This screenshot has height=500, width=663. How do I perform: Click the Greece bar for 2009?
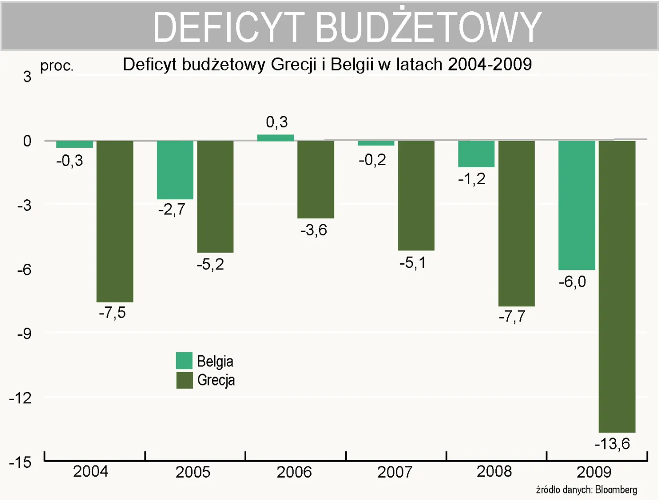click(x=617, y=286)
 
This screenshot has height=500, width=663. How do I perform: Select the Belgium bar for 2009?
click(x=576, y=205)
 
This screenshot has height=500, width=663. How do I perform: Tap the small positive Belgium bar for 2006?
click(x=275, y=138)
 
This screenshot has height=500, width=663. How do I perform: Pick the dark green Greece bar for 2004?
click(x=115, y=221)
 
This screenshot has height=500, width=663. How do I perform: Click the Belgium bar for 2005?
click(x=175, y=170)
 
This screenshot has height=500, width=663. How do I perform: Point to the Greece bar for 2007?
click(x=416, y=196)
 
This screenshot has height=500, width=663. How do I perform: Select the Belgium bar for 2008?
click(x=476, y=154)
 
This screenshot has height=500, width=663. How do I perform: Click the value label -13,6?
click(x=612, y=444)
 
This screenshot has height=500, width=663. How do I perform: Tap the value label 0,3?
click(x=277, y=122)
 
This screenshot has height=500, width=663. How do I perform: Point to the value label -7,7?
click(x=512, y=316)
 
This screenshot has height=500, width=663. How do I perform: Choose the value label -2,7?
click(x=171, y=209)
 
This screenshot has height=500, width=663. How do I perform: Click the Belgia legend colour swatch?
click(x=184, y=361)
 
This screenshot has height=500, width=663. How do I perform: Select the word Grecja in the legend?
click(x=216, y=380)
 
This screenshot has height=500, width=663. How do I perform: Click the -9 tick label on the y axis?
click(x=24, y=334)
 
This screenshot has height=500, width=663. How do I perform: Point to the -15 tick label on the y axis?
click(x=20, y=462)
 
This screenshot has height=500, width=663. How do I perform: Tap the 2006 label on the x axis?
click(x=294, y=472)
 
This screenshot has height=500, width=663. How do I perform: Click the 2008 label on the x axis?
click(x=494, y=472)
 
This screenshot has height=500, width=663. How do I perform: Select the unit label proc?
click(x=57, y=66)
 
